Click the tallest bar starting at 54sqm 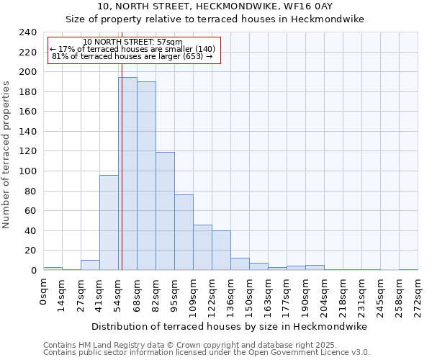(x=127, y=174)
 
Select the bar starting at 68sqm (x=146, y=176)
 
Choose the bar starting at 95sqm (x=184, y=233)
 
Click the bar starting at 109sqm (x=202, y=248)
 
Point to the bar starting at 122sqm (x=221, y=251)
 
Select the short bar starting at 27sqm (x=90, y=265)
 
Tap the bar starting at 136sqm (x=240, y=264)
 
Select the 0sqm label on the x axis (x=43, y=291)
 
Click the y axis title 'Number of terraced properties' (x=7, y=155)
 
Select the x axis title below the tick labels (x=230, y=326)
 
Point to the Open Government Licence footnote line (x=207, y=352)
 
